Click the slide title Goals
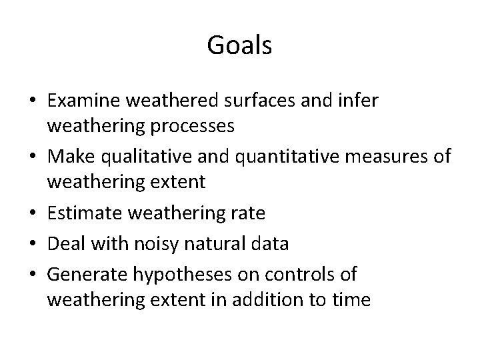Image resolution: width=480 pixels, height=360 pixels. [239, 45]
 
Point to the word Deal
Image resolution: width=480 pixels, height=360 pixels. [65, 244]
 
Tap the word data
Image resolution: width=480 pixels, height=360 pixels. [271, 244]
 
